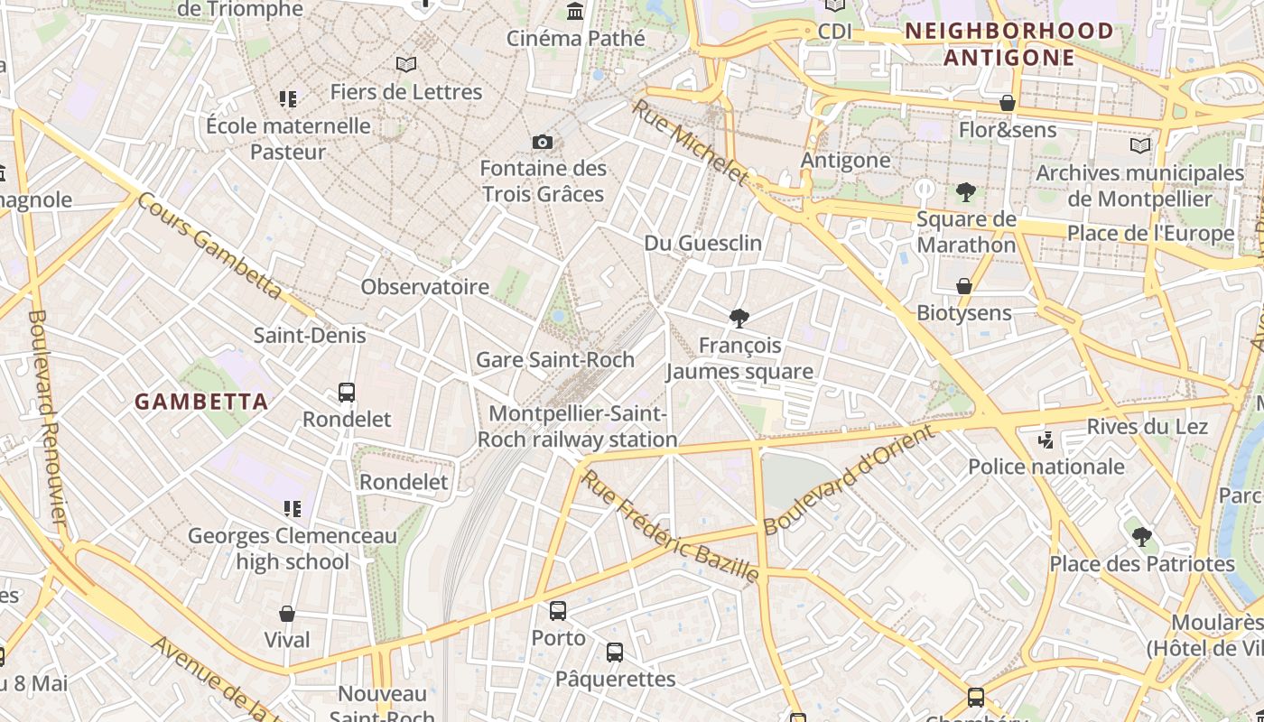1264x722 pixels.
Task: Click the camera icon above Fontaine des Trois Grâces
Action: point(543,142)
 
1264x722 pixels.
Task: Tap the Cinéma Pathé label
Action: point(576,38)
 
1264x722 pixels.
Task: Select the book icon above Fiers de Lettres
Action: point(406,64)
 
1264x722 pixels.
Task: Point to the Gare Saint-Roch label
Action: point(555,359)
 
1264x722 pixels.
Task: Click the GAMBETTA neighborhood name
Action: point(201,402)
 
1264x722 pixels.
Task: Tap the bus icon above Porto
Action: point(558,611)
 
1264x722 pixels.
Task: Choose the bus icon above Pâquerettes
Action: point(615,652)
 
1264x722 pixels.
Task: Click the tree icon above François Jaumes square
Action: point(739,318)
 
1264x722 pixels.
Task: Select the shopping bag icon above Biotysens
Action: point(964,286)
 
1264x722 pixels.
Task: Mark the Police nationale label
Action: point(1046,467)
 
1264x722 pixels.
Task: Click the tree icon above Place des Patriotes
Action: point(1142,536)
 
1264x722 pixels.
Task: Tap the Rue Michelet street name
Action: point(690,142)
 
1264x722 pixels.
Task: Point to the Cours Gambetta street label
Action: point(209,245)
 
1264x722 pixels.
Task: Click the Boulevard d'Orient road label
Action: point(849,479)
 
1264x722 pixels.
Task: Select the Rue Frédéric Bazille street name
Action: point(669,524)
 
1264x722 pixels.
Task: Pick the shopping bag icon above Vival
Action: point(287,614)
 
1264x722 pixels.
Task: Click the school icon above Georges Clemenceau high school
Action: point(292,509)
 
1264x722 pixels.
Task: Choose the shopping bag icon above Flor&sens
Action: point(1008,103)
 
